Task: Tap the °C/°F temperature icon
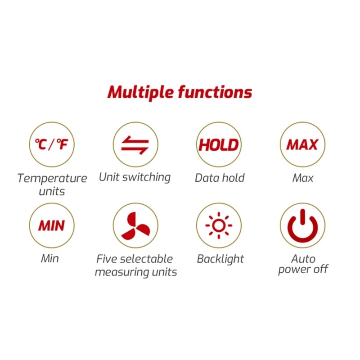(51, 144)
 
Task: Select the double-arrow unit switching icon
(135, 144)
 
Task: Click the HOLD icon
(219, 144)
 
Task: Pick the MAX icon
(302, 144)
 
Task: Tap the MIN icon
(51, 225)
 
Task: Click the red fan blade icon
(135, 225)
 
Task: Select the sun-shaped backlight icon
(219, 225)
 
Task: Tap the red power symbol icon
(302, 225)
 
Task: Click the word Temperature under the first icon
(52, 178)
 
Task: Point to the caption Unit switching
(135, 177)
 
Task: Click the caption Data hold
(220, 178)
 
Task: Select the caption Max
(303, 178)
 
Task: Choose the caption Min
(50, 258)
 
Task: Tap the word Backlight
(220, 259)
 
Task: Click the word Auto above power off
(303, 259)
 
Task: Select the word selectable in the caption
(146, 259)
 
